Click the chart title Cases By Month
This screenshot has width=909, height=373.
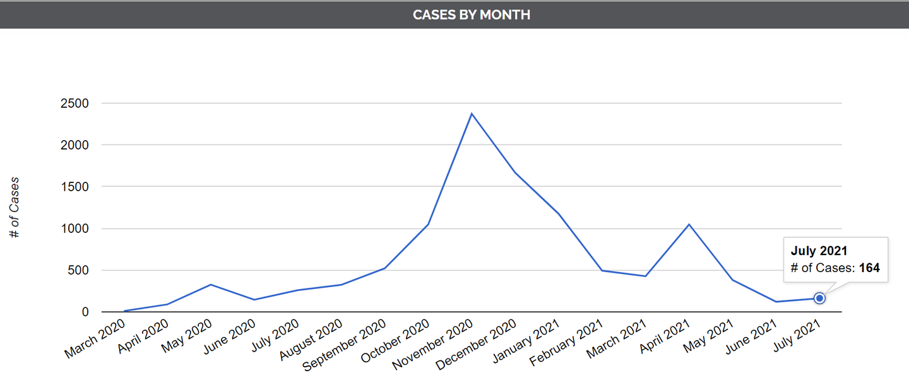click(x=472, y=15)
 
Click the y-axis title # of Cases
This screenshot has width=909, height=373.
click(x=15, y=208)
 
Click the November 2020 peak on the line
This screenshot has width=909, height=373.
click(x=472, y=114)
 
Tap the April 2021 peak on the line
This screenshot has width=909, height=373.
click(x=689, y=224)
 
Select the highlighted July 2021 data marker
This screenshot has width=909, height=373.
click(x=819, y=298)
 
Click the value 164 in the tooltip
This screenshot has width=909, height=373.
click(x=869, y=268)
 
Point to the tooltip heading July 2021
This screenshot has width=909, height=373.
click(x=819, y=251)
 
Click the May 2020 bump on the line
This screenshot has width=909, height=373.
click(x=211, y=285)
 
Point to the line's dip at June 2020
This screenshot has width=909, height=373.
click(x=254, y=300)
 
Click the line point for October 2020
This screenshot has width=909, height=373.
click(x=428, y=224)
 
